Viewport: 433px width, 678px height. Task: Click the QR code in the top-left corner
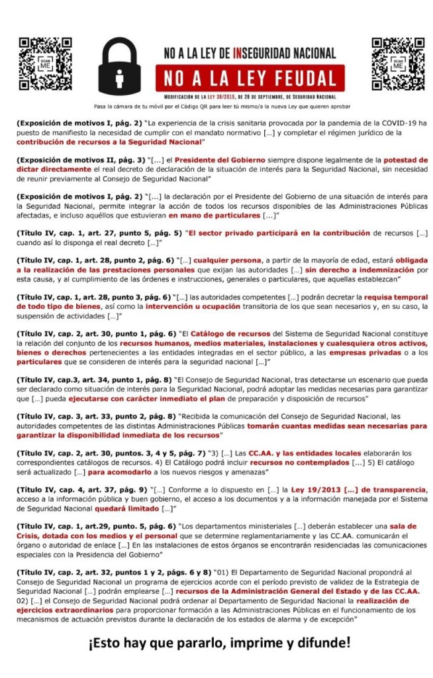pos(44,64)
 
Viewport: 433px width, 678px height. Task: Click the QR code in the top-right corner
pos(397,64)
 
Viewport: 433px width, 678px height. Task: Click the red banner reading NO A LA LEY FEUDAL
pos(250,78)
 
